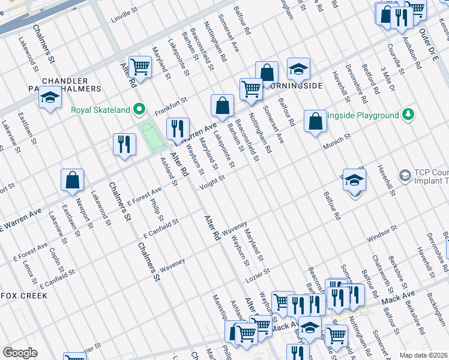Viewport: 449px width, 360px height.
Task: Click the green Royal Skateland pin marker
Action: point(140,109)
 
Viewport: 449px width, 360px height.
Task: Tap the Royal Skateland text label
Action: point(101,110)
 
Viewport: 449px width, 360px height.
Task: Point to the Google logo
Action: point(20,353)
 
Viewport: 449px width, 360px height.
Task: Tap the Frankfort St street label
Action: point(171,107)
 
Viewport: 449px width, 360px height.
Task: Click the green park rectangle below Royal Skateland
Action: point(151,136)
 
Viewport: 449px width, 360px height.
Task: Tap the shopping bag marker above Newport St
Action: point(72,179)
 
